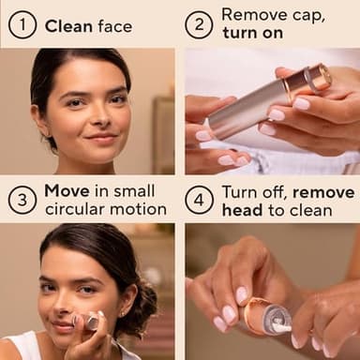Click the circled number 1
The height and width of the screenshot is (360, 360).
22,24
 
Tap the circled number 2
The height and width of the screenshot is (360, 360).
198,24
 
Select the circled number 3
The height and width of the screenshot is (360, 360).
22,199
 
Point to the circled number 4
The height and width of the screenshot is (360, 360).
198,199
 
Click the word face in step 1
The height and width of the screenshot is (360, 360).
113,25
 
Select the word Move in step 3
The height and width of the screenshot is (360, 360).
67,190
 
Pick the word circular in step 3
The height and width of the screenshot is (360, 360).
78,208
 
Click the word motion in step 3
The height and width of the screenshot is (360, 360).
139,208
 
